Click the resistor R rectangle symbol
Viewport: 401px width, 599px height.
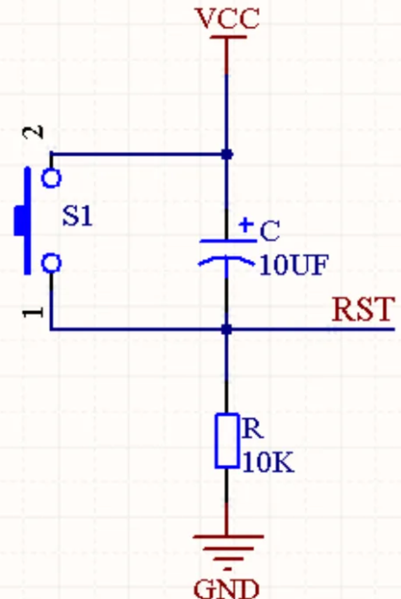227,441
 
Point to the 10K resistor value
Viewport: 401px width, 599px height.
268,463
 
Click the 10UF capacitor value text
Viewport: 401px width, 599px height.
293,264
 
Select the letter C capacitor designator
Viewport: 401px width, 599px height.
270,231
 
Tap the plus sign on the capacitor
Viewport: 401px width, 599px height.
245,224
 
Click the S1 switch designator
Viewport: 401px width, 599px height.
77,216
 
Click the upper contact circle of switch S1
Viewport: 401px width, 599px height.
51,178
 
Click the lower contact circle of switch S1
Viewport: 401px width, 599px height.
51,263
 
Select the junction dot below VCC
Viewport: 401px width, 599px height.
227,155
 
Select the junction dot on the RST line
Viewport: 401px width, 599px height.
227,329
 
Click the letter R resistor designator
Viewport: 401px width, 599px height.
252,428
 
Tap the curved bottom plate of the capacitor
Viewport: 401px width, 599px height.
226,260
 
